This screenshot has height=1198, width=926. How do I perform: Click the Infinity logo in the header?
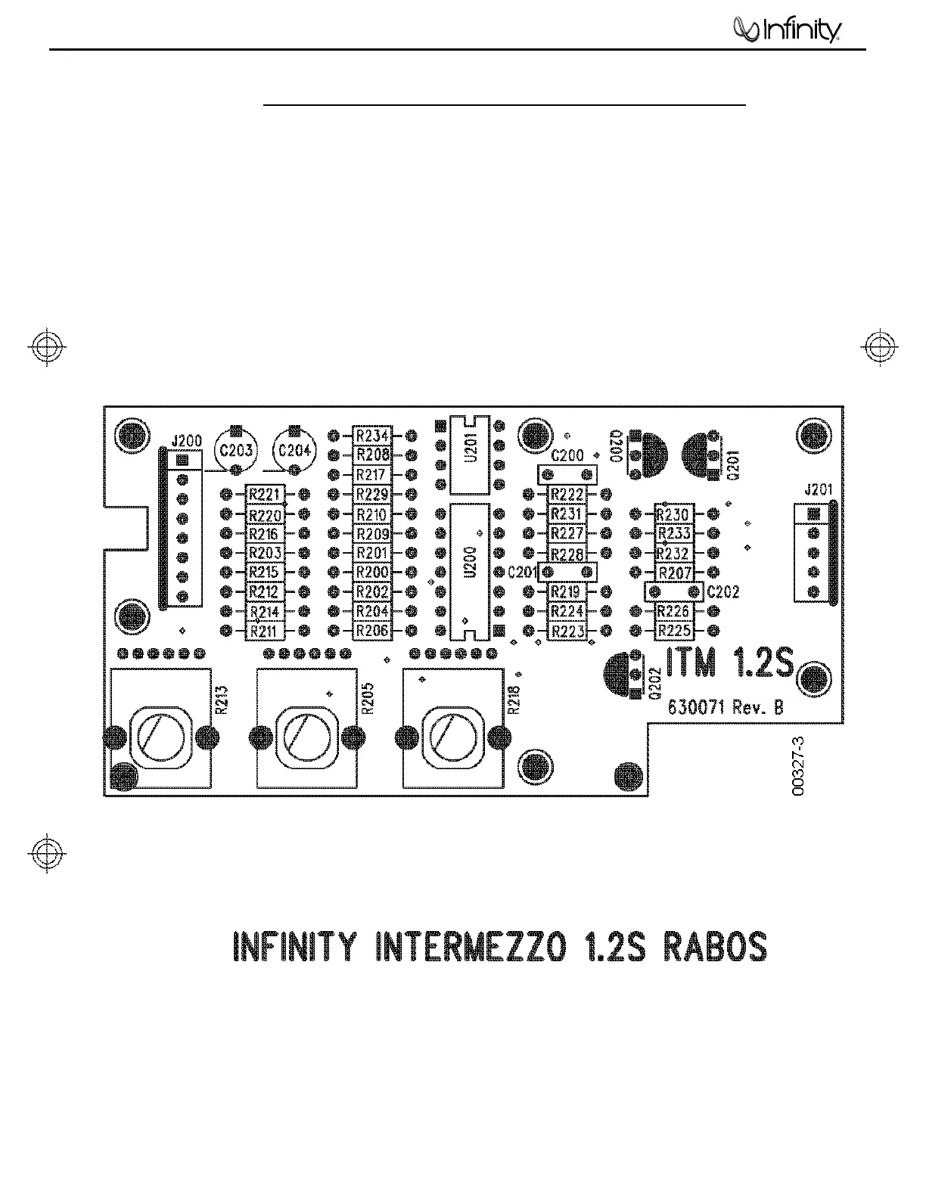(x=788, y=31)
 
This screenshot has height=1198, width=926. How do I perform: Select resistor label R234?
(x=372, y=436)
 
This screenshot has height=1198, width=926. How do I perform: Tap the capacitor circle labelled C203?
(x=236, y=452)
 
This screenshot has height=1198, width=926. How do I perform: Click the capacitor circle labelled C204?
(x=295, y=452)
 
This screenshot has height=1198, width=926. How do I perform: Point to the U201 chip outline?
(x=469, y=452)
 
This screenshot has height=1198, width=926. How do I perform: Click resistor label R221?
(x=265, y=495)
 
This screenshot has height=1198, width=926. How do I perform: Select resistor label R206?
(x=372, y=631)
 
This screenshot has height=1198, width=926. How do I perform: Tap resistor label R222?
(x=567, y=495)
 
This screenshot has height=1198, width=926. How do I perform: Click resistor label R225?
(x=673, y=631)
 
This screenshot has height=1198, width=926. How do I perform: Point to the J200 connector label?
(x=186, y=440)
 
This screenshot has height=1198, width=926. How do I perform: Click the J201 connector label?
(x=819, y=490)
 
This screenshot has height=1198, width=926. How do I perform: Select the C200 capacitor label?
(x=567, y=456)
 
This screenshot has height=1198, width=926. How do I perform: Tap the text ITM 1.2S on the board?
(x=730, y=664)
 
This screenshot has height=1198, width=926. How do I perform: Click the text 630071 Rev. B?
(x=726, y=708)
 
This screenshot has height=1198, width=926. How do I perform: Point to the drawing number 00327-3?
(x=799, y=766)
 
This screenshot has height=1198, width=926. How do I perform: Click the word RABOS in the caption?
(x=715, y=947)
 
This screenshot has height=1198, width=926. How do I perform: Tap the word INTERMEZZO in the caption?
(x=469, y=947)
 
